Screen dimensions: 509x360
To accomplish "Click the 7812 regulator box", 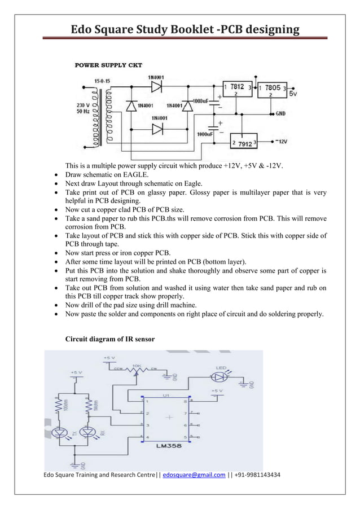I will tap(236, 89).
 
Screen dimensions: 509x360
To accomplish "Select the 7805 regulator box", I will tap(272, 90).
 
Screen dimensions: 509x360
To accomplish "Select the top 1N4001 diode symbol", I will tap(156, 86).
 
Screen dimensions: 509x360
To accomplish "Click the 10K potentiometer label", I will tap(136, 366).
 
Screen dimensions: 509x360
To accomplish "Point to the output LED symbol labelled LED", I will tap(221, 376).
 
